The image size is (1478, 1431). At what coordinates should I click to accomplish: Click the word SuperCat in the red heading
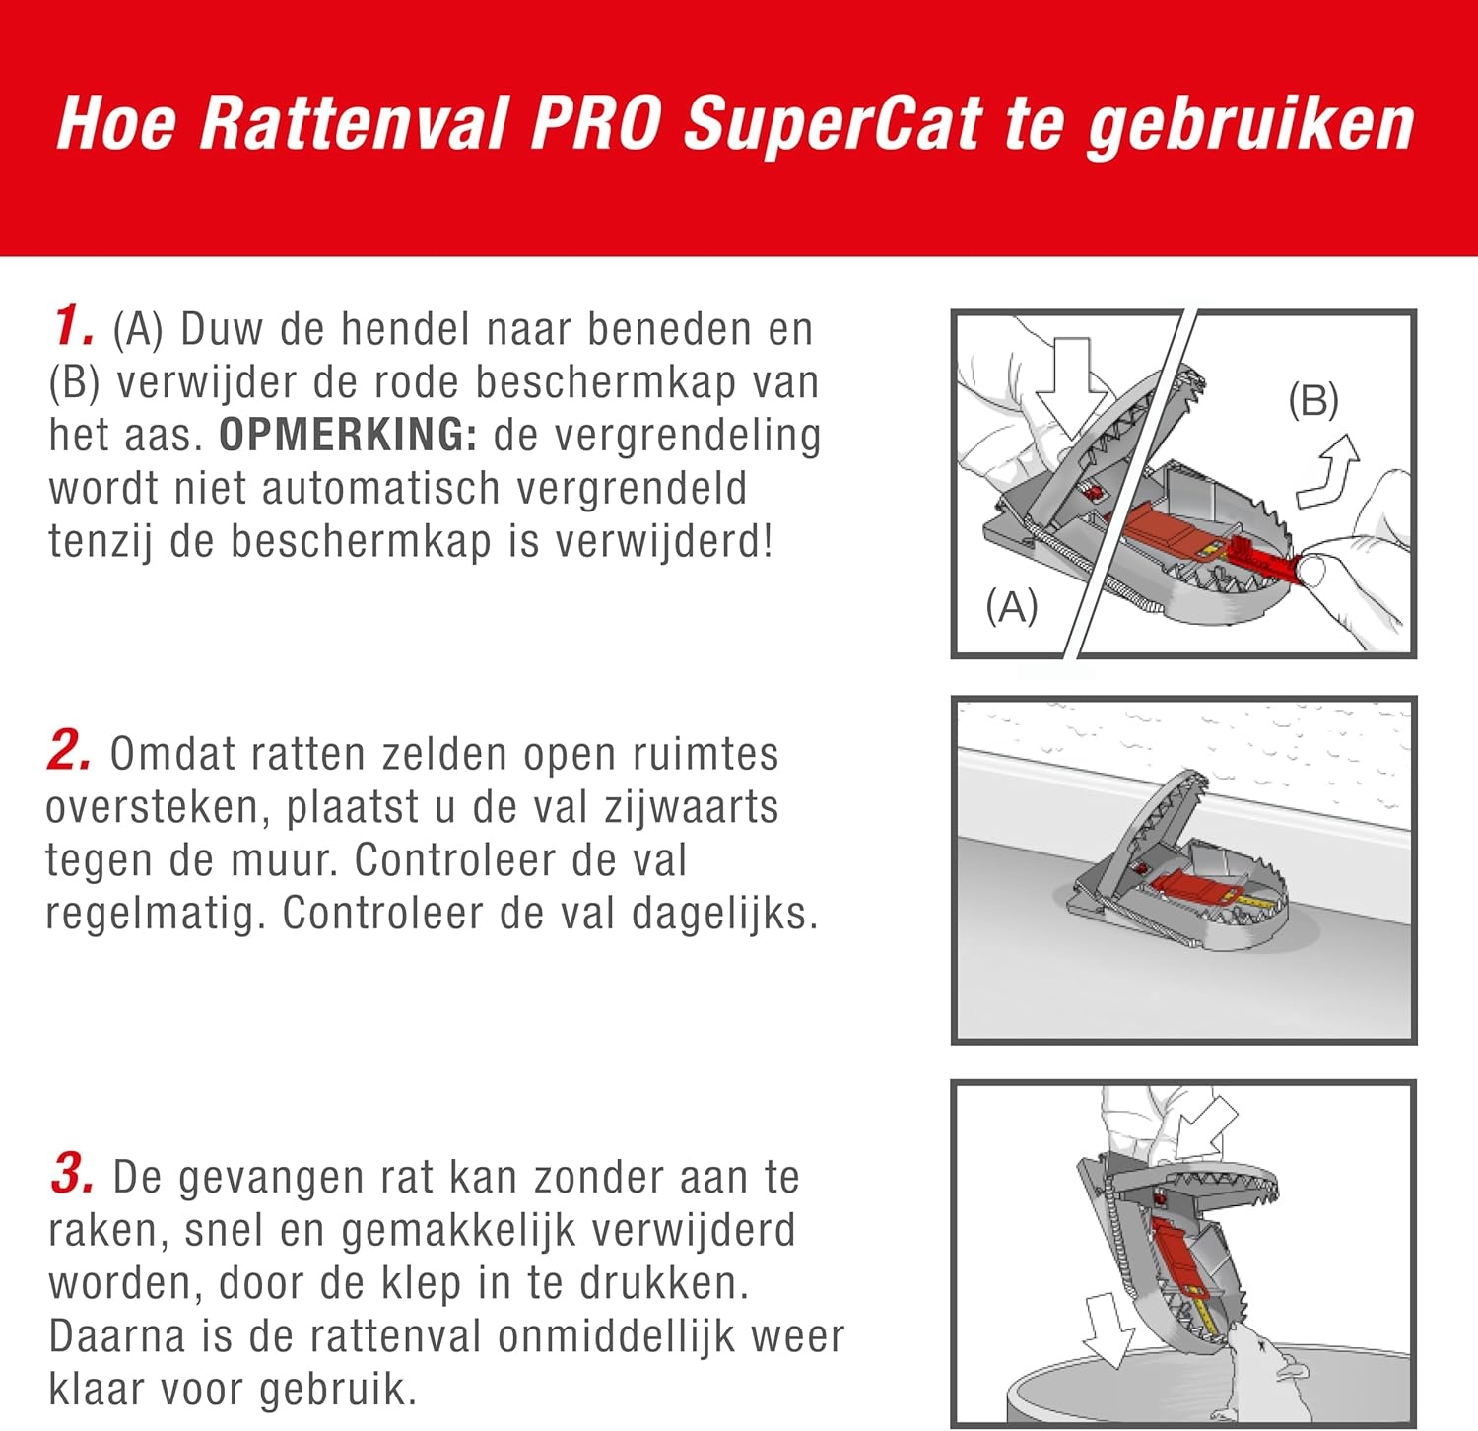coord(833,125)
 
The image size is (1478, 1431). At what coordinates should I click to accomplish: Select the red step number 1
coord(73,325)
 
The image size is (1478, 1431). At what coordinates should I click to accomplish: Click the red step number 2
coord(69,751)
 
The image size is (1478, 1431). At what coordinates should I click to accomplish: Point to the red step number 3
coord(72,1174)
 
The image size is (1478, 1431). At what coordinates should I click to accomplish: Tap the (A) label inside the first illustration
coord(1012,606)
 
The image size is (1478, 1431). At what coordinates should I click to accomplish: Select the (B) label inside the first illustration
coord(1313,400)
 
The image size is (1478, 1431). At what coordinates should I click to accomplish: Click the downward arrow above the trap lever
coord(1067,387)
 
